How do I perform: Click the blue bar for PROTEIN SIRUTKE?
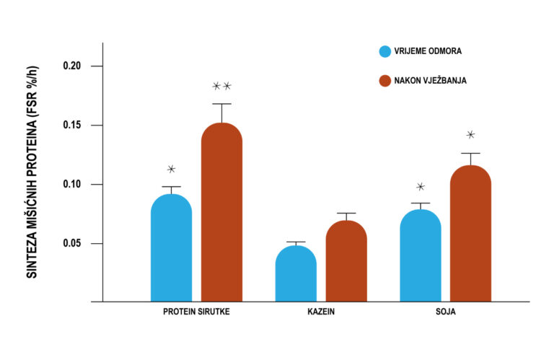pyautogui.click(x=171, y=249)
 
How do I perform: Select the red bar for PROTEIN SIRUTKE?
pyautogui.click(x=221, y=213)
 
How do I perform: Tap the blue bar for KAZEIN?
pyautogui.click(x=296, y=274)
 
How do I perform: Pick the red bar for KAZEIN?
pyautogui.click(x=346, y=261)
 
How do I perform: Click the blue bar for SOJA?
pyautogui.click(x=421, y=256)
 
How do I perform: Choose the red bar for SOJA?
pyautogui.click(x=470, y=234)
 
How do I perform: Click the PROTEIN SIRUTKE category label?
pyautogui.click(x=197, y=312)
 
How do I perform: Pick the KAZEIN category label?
pyautogui.click(x=321, y=312)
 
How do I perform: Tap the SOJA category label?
pyautogui.click(x=446, y=312)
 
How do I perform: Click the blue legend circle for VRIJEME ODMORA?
pyautogui.click(x=384, y=51)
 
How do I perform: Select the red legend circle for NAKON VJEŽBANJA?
pyautogui.click(x=384, y=80)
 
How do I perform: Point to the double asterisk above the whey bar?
pyautogui.click(x=221, y=87)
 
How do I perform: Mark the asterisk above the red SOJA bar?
pyautogui.click(x=470, y=135)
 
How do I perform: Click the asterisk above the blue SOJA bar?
pyautogui.click(x=421, y=187)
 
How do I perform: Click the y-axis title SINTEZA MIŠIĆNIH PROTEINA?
pyautogui.click(x=32, y=172)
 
